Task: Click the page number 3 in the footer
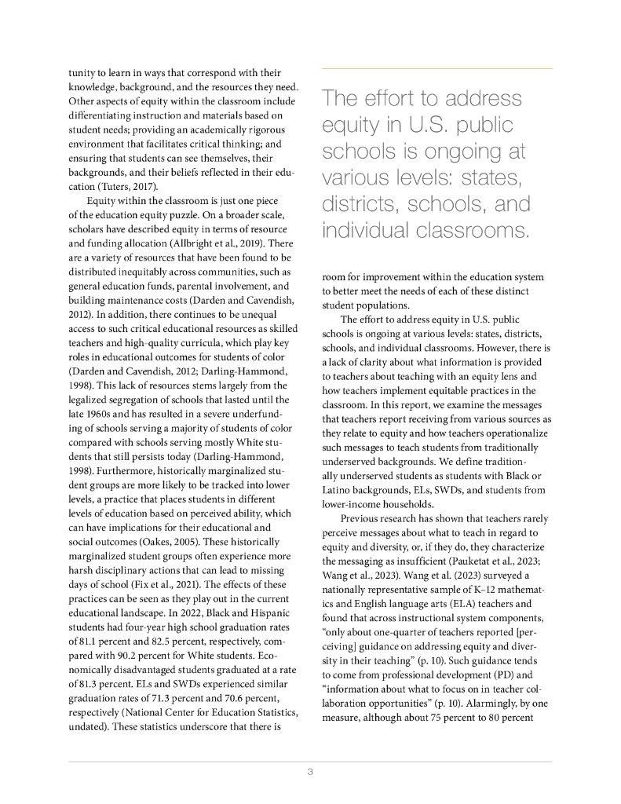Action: coord(310,772)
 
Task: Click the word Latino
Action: coord(338,489)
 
